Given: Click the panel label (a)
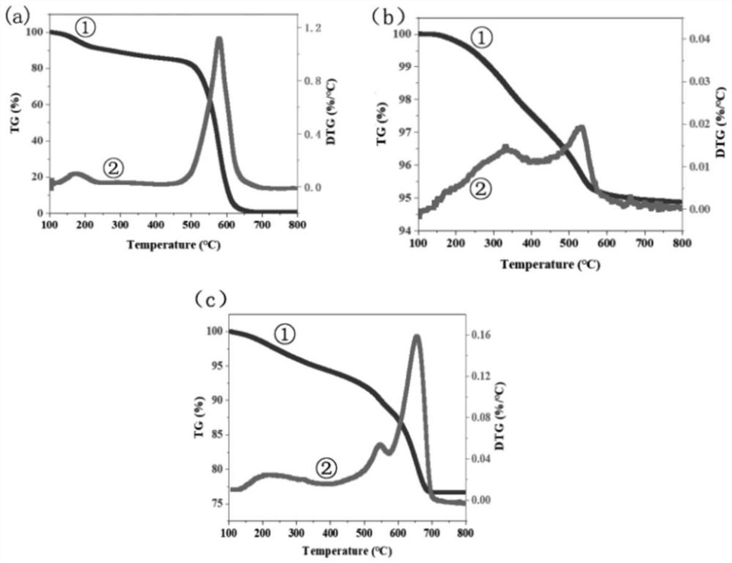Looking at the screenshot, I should pyautogui.click(x=16, y=16).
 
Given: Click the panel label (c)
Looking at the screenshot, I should pyautogui.click(x=210, y=299).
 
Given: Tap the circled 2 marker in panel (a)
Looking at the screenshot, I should pyautogui.click(x=113, y=168).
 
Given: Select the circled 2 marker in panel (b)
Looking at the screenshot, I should pyautogui.click(x=481, y=189).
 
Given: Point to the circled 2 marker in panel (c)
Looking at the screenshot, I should pyautogui.click(x=326, y=468).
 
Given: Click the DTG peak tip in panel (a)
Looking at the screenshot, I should pyautogui.click(x=218, y=39).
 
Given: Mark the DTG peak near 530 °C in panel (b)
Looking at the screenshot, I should pyautogui.click(x=581, y=127).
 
